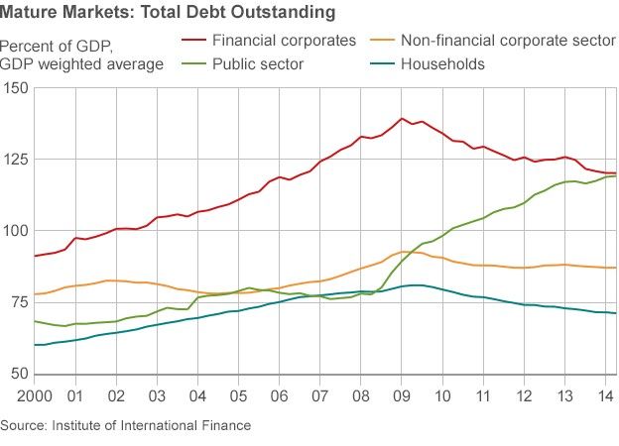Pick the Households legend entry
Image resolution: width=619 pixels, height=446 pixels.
(441, 64)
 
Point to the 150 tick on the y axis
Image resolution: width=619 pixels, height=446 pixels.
(16, 88)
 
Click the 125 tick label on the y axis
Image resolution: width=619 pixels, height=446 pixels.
(16, 160)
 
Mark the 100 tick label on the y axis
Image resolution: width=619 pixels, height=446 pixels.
(16, 231)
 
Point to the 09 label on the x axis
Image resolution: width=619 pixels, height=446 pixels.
(401, 395)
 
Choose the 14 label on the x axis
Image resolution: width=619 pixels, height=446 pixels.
(604, 395)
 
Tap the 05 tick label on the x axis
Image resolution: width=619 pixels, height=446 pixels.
(237, 395)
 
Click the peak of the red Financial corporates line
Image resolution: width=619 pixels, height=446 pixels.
(402, 119)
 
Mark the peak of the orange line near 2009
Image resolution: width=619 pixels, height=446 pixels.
(405, 252)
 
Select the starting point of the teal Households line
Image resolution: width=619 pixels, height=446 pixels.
(35, 345)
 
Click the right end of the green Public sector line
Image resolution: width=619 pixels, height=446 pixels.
(615, 176)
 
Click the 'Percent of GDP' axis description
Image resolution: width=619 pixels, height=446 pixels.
(57, 46)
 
